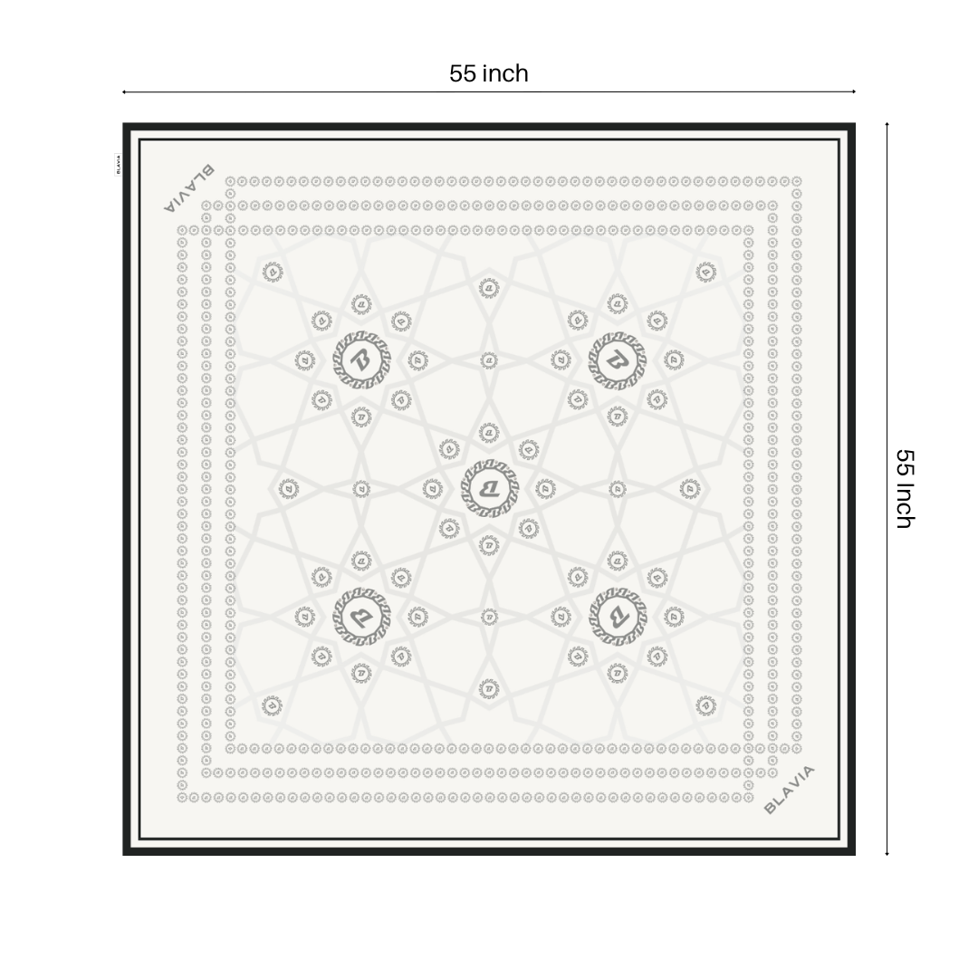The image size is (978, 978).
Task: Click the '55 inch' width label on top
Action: pos(488,73)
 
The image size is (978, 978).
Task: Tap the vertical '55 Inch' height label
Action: pos(905,488)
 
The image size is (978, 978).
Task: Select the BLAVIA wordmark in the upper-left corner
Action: pos(189,188)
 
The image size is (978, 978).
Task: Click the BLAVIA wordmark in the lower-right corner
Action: pos(790,790)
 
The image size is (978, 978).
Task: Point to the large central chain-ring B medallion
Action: pos(489,489)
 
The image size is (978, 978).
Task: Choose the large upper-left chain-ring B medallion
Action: pos(361,360)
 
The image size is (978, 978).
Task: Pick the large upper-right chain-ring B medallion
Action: pos(617,360)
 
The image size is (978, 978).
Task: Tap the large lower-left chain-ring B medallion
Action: pos(361,617)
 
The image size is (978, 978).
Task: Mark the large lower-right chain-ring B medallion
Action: pos(617,617)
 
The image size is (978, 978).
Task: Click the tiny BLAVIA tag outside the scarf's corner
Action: pos(118,164)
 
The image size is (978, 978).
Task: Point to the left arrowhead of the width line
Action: pos(124,91)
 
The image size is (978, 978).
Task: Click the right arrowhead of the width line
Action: pos(854,91)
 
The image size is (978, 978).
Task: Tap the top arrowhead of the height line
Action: pos(887,125)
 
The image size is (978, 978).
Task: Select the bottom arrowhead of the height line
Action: pos(887,853)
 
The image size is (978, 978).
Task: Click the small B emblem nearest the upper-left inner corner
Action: pos(272,271)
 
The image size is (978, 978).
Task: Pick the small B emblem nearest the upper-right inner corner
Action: pos(705,271)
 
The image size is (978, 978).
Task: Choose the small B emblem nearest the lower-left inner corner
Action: pos(272,705)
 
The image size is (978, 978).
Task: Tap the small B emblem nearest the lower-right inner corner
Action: pos(705,705)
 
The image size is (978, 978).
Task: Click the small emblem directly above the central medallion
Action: pos(489,433)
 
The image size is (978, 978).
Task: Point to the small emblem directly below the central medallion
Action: pos(489,544)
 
